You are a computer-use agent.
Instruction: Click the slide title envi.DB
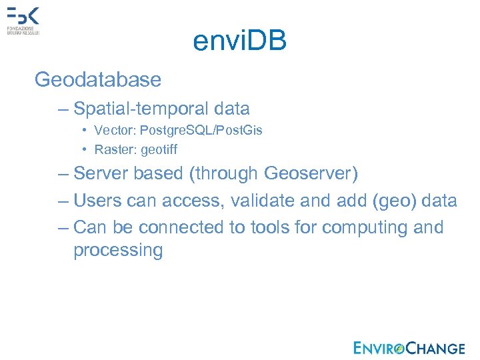[239, 41]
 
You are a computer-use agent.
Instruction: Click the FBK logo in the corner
[23, 21]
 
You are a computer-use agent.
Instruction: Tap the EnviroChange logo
[409, 347]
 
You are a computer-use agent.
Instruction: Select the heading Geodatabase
[98, 80]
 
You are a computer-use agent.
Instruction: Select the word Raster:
[115, 149]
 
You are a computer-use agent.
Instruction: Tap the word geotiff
[159, 150]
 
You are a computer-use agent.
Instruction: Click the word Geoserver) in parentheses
[311, 174]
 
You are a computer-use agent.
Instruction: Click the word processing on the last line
[118, 251]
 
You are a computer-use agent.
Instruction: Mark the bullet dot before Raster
[86, 150]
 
